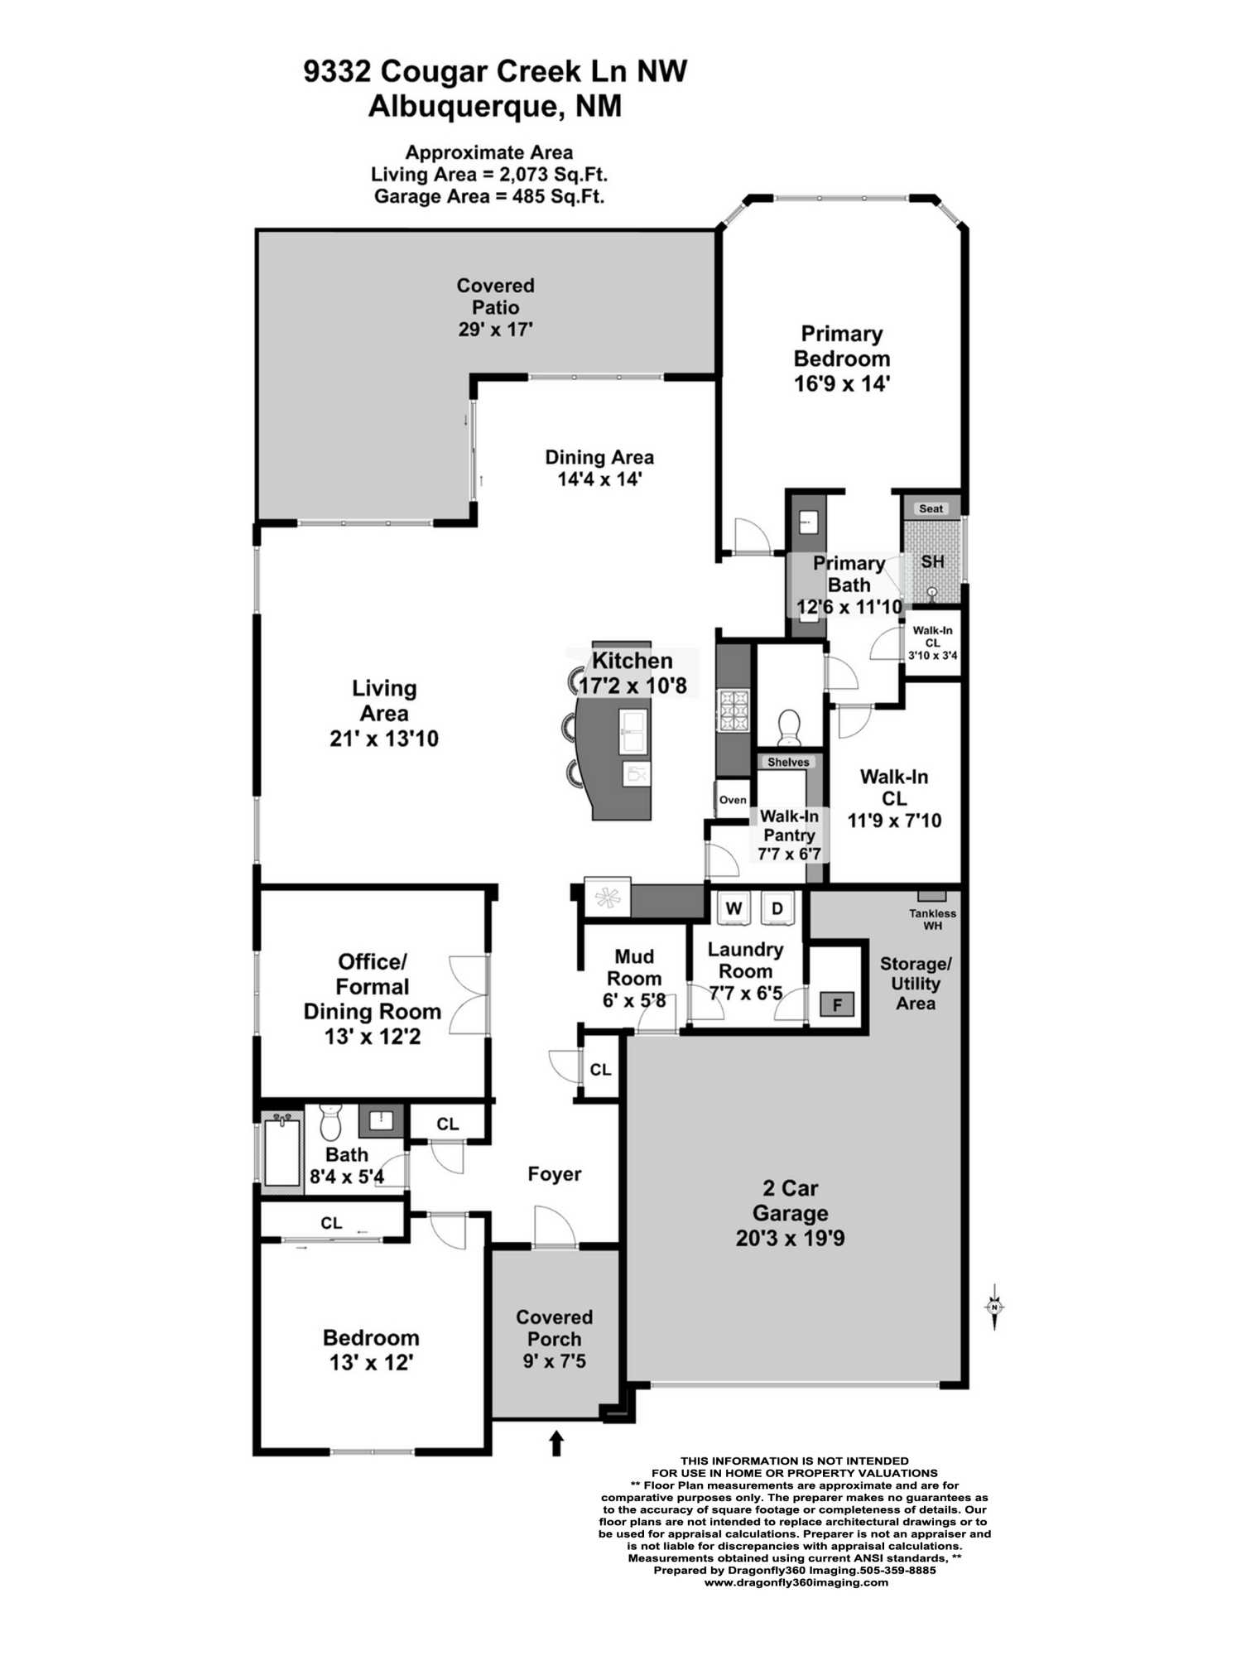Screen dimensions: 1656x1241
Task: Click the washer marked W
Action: [x=734, y=908]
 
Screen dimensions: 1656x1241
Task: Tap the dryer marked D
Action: [x=777, y=908]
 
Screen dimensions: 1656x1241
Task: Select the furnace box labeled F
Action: [x=837, y=1005]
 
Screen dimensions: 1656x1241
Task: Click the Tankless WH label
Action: [x=932, y=919]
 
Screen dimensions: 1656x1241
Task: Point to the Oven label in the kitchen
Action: [x=733, y=800]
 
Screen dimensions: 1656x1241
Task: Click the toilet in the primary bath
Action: [x=789, y=725]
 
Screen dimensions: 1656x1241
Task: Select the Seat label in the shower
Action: [x=931, y=508]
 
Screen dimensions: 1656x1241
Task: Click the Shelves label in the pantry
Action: [x=788, y=762]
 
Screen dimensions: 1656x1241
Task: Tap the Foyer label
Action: [x=555, y=1174]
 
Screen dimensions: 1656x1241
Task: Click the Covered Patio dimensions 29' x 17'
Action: [x=495, y=329]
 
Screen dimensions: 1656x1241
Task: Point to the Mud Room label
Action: [x=634, y=967]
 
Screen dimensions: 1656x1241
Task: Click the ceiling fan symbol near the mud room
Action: [x=608, y=898]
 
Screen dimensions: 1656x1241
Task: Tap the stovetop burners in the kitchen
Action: [x=734, y=710]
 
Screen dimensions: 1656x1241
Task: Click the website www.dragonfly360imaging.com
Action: [x=796, y=1581]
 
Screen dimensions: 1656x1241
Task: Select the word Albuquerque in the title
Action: [x=461, y=108]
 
